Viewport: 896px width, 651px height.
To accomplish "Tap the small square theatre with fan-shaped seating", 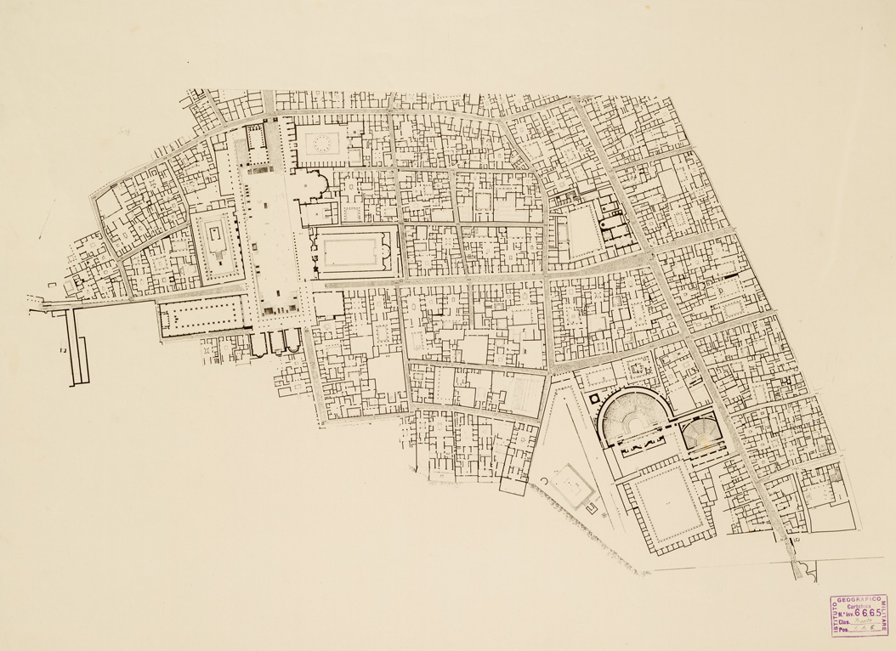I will click(700, 435).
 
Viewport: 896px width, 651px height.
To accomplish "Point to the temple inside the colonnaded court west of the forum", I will click(216, 241).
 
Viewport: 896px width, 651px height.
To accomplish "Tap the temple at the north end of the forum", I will click(256, 140).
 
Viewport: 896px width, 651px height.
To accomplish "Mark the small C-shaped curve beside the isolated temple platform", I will click(542, 483).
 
